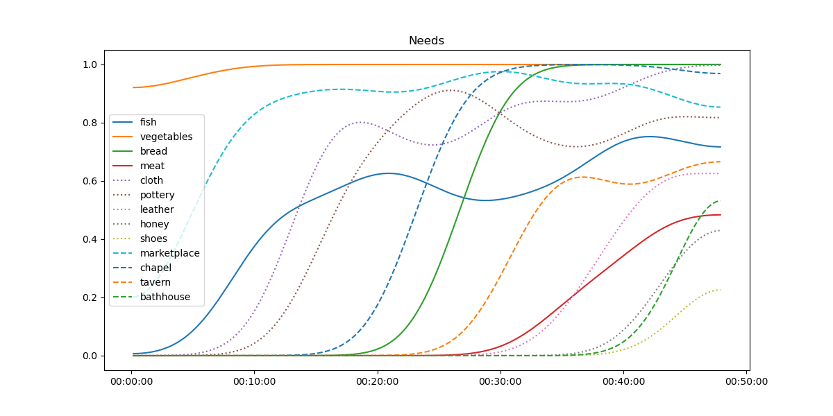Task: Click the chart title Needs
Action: pyautogui.click(x=426, y=40)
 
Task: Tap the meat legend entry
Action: pyautogui.click(x=152, y=166)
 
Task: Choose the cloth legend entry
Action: pyautogui.click(x=152, y=180)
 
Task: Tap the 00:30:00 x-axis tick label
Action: pyautogui.click(x=500, y=381)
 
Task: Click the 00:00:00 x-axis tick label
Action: pyautogui.click(x=132, y=381)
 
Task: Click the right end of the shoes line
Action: pyautogui.click(x=720, y=289)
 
